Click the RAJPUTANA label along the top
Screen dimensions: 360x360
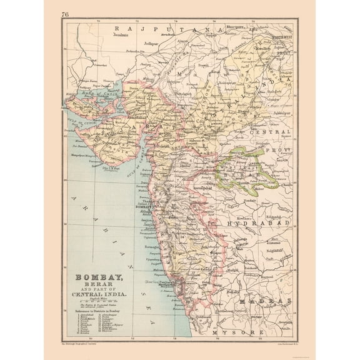click(x=165, y=30)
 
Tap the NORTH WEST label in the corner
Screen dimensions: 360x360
click(x=281, y=36)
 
